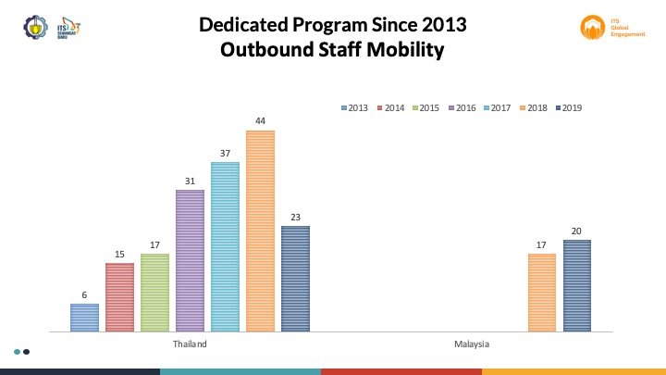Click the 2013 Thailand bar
pos(84,317)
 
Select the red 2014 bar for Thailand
pos(119,296)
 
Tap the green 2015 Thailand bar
pos(154,292)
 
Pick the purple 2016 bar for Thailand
pos(190,260)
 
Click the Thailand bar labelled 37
pos(225,246)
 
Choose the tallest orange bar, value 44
pos(260,231)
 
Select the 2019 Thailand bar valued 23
pos(295,278)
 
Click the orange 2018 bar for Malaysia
pos(542,292)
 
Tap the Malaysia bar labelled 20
pos(576,284)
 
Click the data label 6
pos(84,295)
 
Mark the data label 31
pos(190,181)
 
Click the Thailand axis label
pos(190,344)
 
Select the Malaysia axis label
pos(472,344)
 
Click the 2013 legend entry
pos(355,108)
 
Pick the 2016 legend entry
pos(462,108)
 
